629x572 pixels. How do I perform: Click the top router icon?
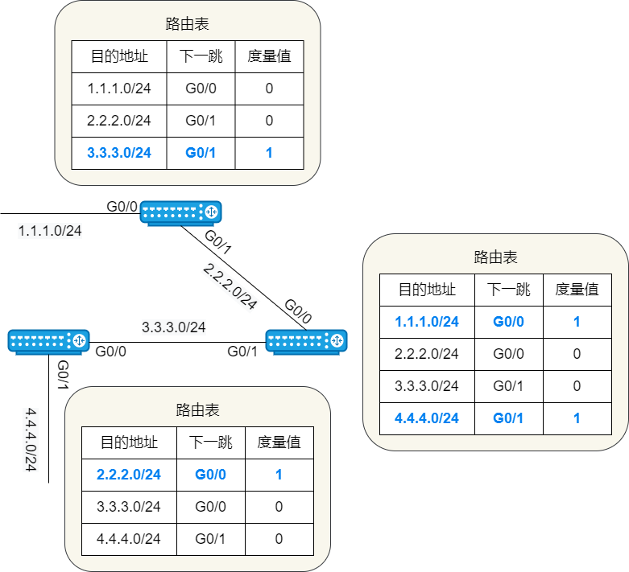pyautogui.click(x=180, y=212)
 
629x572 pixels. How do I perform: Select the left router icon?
pyautogui.click(x=48, y=341)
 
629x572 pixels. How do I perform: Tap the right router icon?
pyautogui.click(x=307, y=341)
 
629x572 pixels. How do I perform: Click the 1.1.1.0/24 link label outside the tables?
pyautogui.click(x=50, y=231)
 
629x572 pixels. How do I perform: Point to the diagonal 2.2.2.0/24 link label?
pyautogui.click(x=230, y=286)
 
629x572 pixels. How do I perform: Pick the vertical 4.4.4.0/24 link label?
pyautogui.click(x=31, y=439)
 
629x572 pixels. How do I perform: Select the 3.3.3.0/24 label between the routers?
pyautogui.click(x=174, y=327)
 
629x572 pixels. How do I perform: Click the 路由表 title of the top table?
pyautogui.click(x=187, y=24)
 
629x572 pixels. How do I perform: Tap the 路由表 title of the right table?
pyautogui.click(x=495, y=257)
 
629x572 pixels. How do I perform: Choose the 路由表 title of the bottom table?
pyautogui.click(x=197, y=410)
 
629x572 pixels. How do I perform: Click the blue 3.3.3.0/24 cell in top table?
pyautogui.click(x=119, y=153)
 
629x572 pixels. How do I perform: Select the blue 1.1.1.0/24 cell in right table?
pyautogui.click(x=427, y=322)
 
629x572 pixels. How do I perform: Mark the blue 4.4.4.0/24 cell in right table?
pyautogui.click(x=427, y=418)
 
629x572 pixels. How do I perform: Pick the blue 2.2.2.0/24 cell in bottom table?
pyautogui.click(x=129, y=475)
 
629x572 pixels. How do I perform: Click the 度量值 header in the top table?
pyautogui.click(x=269, y=56)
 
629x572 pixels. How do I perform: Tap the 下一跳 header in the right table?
pyautogui.click(x=509, y=290)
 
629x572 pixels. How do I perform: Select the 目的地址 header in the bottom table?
pyautogui.click(x=129, y=442)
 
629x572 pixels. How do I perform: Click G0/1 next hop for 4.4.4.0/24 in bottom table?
pyautogui.click(x=210, y=539)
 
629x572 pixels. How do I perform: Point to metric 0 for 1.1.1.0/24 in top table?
pyautogui.click(x=269, y=88)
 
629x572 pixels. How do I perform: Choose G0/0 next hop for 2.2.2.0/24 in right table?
pyautogui.click(x=509, y=354)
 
